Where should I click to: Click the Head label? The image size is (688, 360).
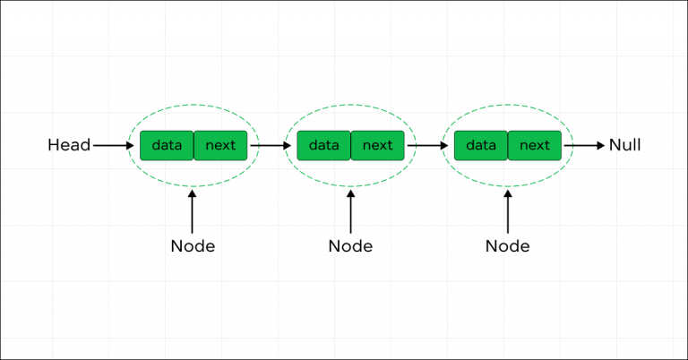pos(68,145)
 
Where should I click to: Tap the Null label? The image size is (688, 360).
pos(624,145)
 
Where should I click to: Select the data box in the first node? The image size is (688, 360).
pos(167,145)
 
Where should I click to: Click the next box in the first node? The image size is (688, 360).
pos(220,145)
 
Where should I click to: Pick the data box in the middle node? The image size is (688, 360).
pos(323,145)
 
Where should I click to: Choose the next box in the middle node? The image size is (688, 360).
pos(377,145)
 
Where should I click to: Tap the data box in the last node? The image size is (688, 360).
pos(481,145)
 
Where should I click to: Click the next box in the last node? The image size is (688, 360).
pos(535,145)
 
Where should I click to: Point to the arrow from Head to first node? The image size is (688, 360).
pos(113,145)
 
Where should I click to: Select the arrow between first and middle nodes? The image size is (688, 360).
pos(270,145)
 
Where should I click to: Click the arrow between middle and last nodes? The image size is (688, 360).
pos(427,145)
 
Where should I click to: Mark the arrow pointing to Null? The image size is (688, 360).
pos(584,145)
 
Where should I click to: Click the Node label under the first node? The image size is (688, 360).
pos(193,245)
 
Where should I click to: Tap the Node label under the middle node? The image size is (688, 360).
pos(350,245)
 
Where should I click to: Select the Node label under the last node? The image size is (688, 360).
pos(507,245)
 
